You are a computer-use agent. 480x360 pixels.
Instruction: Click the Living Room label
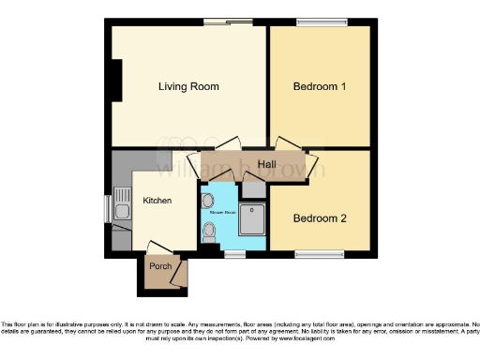tap(188, 87)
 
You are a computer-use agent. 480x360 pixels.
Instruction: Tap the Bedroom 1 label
tap(320, 87)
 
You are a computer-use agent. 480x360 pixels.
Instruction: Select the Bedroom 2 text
tap(320, 218)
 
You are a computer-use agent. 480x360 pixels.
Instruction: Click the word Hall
tap(266, 165)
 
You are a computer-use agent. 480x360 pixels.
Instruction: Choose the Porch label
tap(160, 266)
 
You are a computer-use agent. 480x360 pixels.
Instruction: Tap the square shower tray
tap(252, 218)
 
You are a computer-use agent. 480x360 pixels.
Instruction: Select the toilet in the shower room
tap(207, 231)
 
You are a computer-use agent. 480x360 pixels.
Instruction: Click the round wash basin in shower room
tap(207, 200)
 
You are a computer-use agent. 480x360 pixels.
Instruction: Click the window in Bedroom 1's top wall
tap(320, 22)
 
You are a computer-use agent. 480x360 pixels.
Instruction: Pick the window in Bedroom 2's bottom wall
tap(320, 253)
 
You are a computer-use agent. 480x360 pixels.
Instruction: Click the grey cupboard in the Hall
tap(254, 187)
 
